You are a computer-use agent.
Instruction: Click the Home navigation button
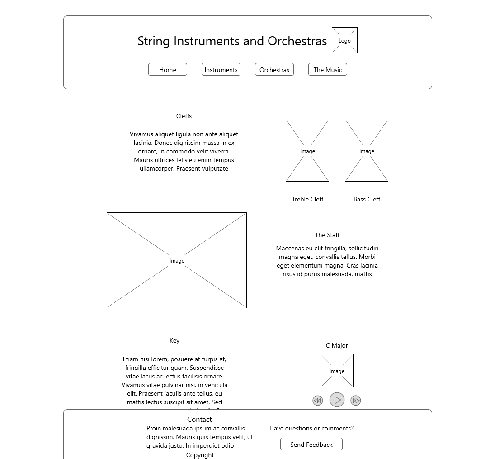tap(167, 69)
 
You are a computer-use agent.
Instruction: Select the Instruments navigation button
tap(221, 69)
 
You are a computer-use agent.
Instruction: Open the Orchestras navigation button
tap(274, 69)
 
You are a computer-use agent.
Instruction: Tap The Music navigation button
tap(327, 69)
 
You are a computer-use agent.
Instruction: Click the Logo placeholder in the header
tap(344, 40)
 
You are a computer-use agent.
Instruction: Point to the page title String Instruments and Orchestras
tap(232, 41)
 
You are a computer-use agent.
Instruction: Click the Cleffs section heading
tap(184, 116)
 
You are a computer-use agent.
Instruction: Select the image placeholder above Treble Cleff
tap(307, 150)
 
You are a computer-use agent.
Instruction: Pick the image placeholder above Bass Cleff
tap(366, 150)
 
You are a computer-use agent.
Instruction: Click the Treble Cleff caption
tap(307, 199)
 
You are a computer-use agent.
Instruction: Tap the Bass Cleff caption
tap(367, 199)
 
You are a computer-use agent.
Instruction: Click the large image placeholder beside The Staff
tap(177, 260)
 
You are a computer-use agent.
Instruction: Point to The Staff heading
tap(327, 235)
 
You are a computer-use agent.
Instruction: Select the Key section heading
tap(174, 340)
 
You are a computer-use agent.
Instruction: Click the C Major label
tap(337, 345)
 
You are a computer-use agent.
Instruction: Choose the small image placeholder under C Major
tap(337, 371)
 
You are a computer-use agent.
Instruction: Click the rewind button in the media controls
tap(318, 401)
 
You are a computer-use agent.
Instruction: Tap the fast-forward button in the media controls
tap(356, 401)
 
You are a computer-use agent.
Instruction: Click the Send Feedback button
tap(311, 445)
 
